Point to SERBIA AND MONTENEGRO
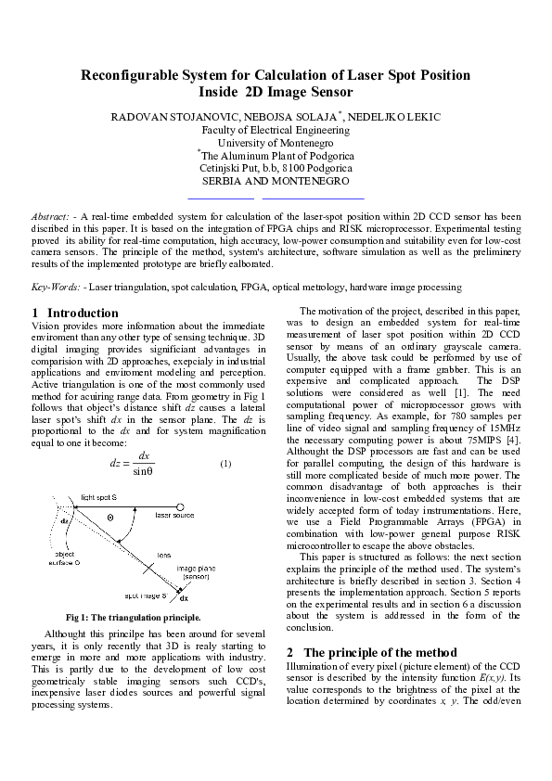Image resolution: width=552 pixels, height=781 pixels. pos(276,182)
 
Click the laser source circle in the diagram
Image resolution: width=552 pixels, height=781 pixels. pos(147,513)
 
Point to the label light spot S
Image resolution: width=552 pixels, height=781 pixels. pos(100,497)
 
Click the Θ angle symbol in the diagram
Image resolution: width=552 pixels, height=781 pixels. pos(109,517)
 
